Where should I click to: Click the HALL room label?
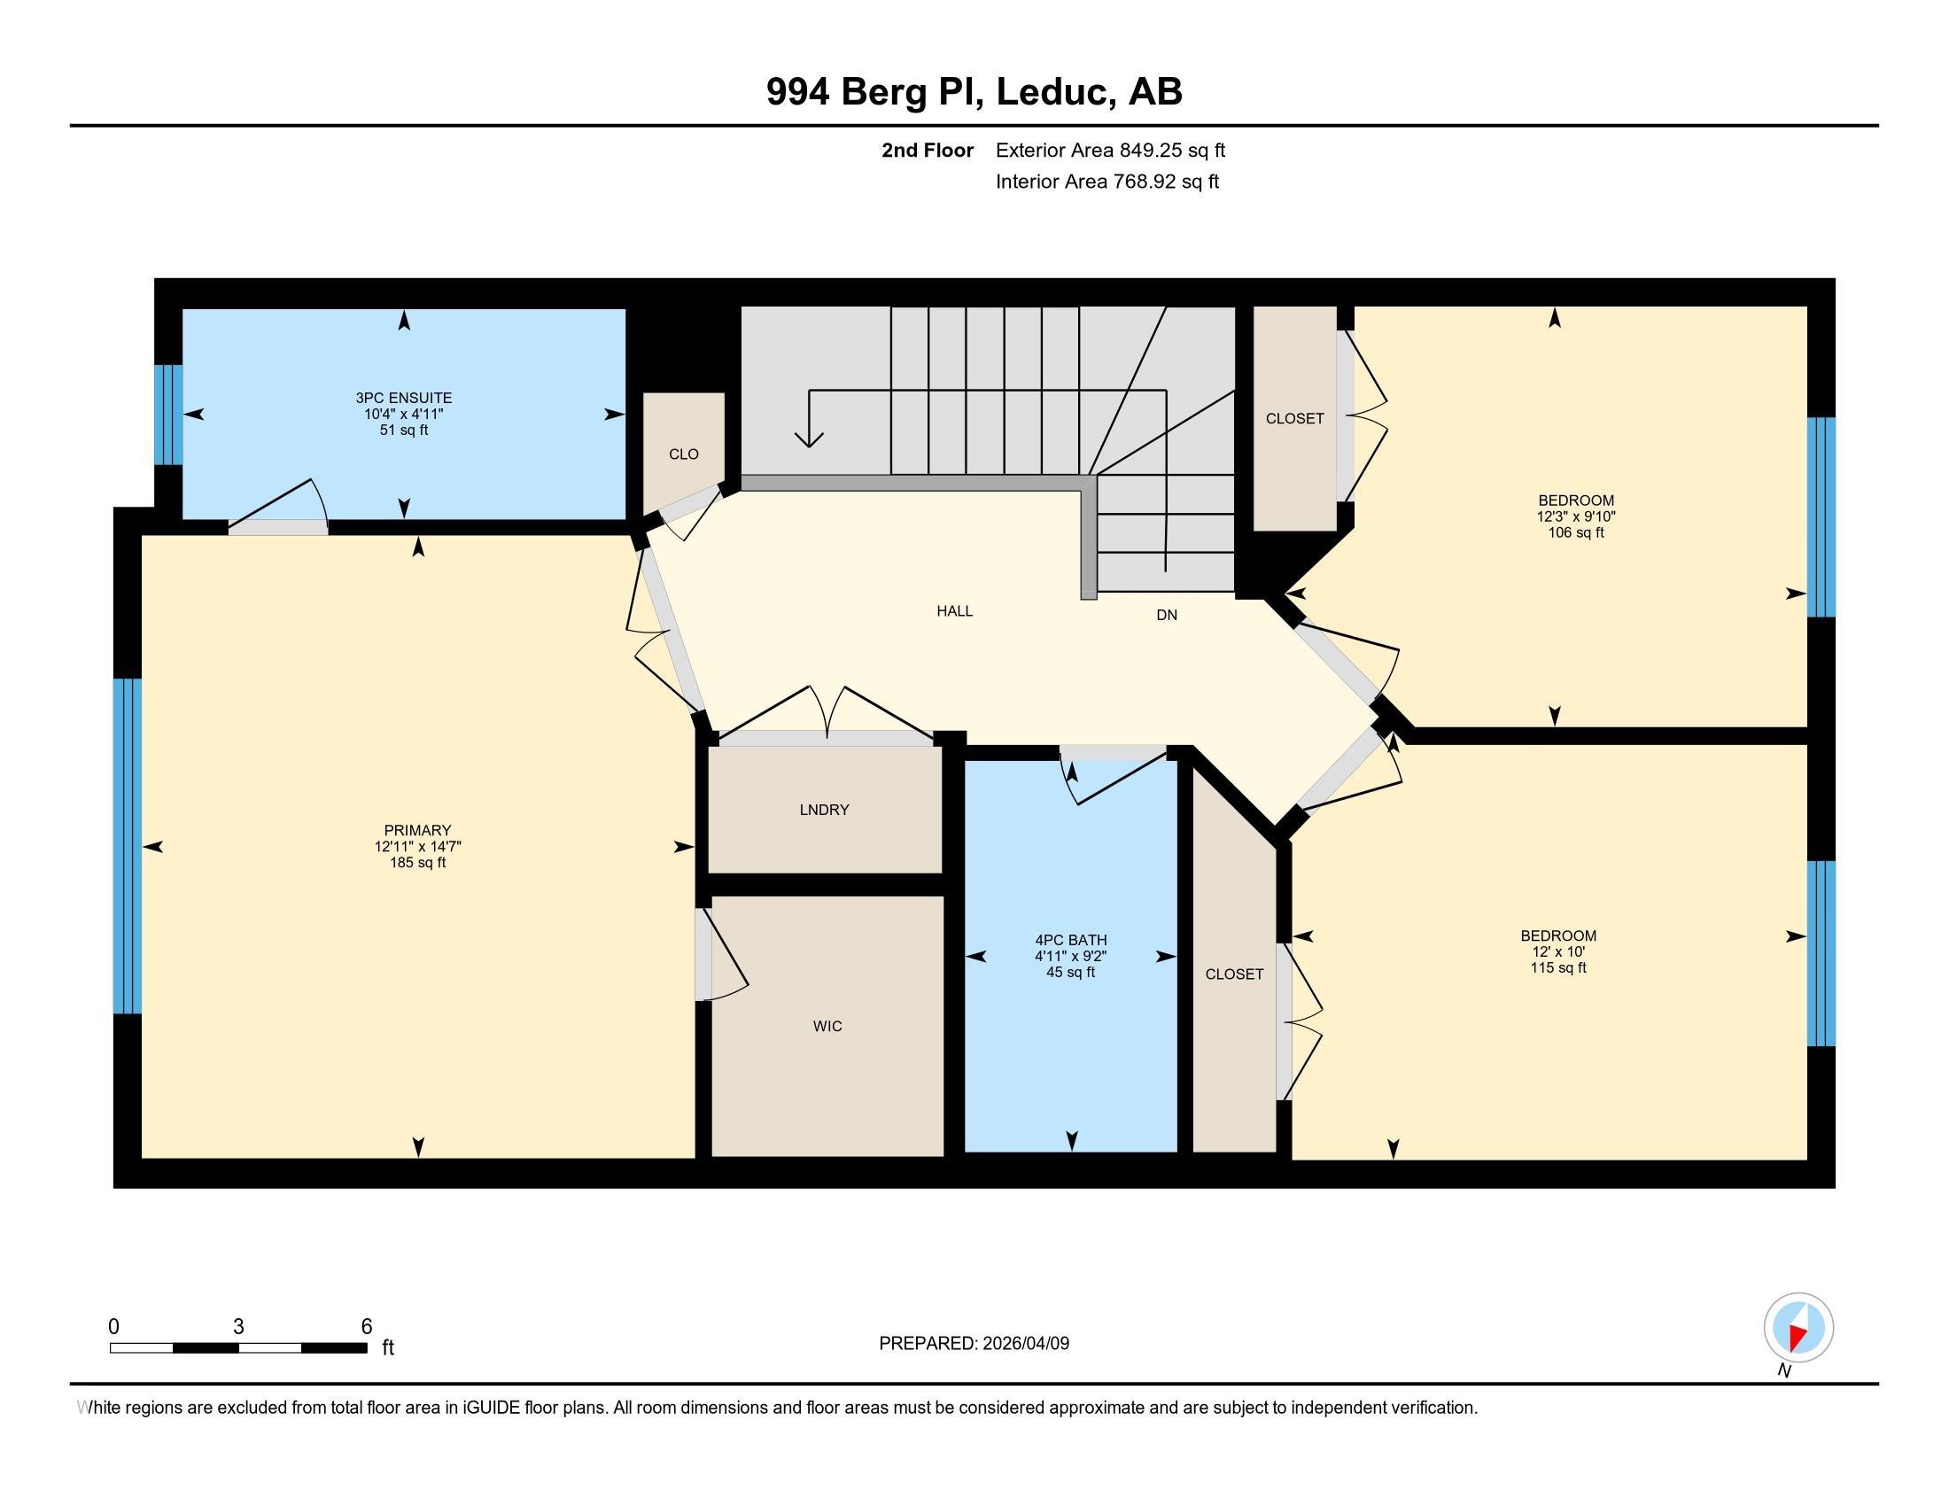(x=954, y=611)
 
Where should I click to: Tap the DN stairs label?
(x=1167, y=615)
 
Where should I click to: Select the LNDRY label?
(x=824, y=810)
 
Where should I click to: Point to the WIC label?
(x=827, y=1026)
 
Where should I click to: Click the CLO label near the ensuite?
(x=684, y=454)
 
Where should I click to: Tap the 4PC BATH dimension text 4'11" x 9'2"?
(x=1071, y=957)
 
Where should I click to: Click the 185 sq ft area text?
(x=417, y=863)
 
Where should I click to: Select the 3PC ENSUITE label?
(x=403, y=398)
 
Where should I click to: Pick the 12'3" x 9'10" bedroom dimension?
(x=1576, y=516)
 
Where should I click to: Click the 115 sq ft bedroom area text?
(x=1558, y=968)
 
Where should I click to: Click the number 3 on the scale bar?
(x=238, y=1327)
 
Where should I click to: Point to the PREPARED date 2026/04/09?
(x=1024, y=1344)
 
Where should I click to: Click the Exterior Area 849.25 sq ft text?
(x=1110, y=150)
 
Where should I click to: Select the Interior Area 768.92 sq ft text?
(x=1107, y=181)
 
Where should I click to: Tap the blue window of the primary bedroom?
(x=128, y=846)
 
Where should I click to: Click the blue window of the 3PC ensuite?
(x=168, y=415)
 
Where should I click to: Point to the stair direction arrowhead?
(x=809, y=438)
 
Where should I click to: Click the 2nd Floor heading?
(x=928, y=150)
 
